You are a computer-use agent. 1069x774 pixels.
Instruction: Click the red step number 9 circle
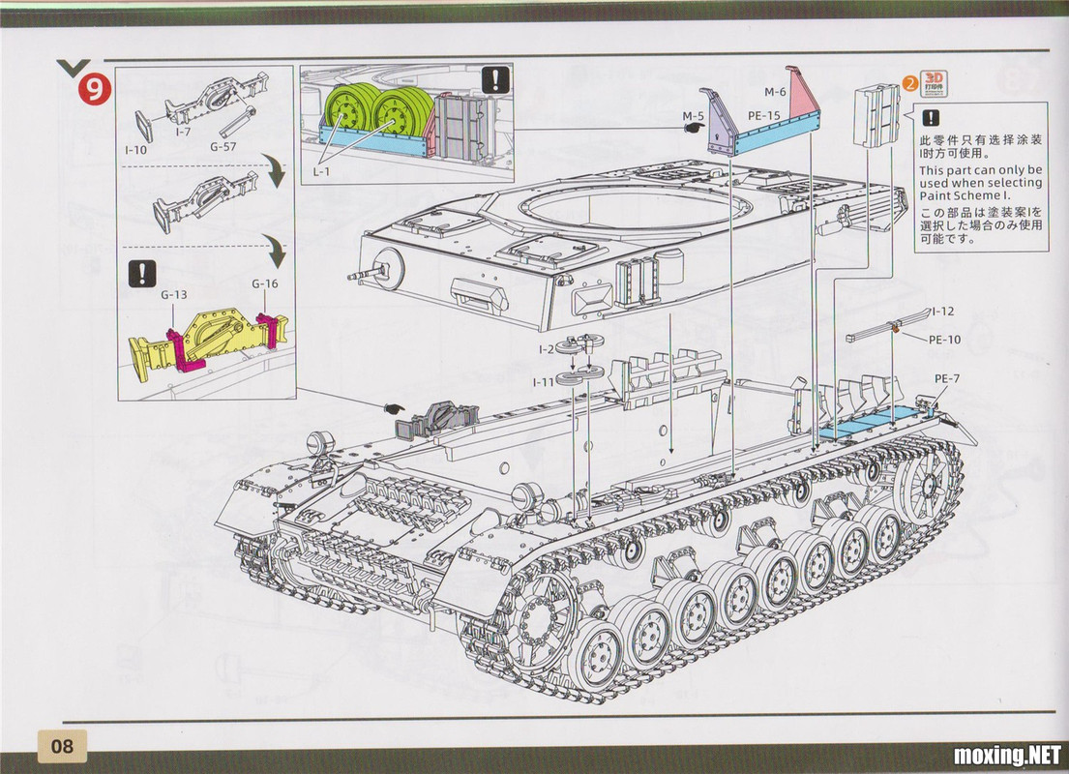click(94, 89)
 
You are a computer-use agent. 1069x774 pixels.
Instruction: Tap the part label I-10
click(135, 149)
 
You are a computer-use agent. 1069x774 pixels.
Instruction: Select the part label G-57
click(223, 146)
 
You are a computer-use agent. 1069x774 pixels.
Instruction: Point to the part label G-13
click(174, 294)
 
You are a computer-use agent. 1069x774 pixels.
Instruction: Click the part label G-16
click(264, 283)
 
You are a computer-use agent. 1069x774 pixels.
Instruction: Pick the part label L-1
click(321, 171)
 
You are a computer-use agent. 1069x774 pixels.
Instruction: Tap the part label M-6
click(775, 92)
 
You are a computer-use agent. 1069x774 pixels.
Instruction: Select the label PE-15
click(763, 115)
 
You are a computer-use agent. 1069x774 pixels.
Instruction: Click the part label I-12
click(943, 312)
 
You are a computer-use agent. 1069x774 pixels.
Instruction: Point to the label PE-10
click(945, 340)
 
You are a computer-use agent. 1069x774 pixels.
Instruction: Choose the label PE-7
click(947, 378)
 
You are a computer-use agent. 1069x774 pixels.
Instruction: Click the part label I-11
click(544, 382)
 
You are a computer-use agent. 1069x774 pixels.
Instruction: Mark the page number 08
click(62, 745)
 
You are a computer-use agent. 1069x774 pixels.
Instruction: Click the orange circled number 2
click(910, 83)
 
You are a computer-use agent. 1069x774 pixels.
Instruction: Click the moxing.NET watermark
click(1008, 756)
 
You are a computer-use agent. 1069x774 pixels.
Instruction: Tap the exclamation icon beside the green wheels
click(495, 80)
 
